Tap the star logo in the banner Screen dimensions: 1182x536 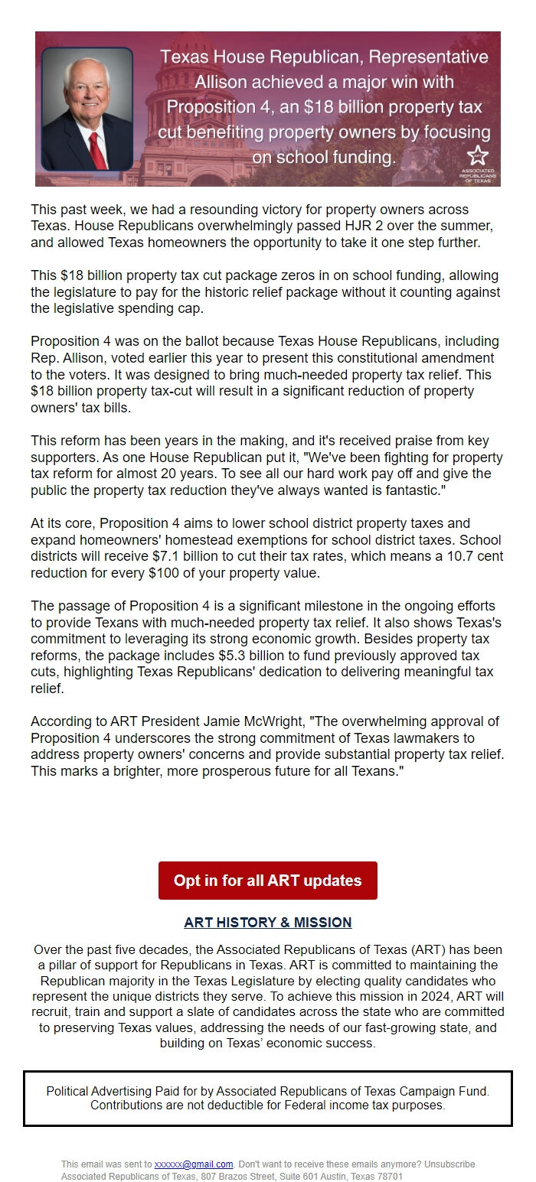[477, 154]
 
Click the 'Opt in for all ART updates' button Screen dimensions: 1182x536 [267, 880]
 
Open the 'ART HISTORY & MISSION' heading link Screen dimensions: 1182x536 [267, 922]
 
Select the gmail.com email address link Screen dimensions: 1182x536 [194, 1164]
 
